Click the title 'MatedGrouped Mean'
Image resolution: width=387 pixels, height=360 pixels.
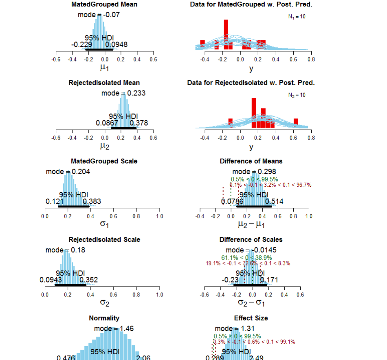104,4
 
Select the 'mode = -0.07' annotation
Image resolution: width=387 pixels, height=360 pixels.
99,15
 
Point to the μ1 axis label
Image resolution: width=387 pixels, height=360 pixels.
105,68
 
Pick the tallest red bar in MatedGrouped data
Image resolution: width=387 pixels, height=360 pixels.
226,34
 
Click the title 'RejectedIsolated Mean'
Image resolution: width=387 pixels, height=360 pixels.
104,83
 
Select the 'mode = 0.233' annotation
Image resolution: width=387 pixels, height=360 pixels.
123,93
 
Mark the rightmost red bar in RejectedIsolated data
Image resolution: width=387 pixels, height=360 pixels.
296,121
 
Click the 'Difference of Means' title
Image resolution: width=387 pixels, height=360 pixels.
251,161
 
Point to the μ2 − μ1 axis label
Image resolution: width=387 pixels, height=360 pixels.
251,225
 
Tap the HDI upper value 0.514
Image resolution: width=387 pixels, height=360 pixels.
274,201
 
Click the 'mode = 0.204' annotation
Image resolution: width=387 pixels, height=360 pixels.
68,172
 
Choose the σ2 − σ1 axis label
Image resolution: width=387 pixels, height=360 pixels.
251,303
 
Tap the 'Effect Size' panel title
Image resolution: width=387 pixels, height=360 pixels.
251,318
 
